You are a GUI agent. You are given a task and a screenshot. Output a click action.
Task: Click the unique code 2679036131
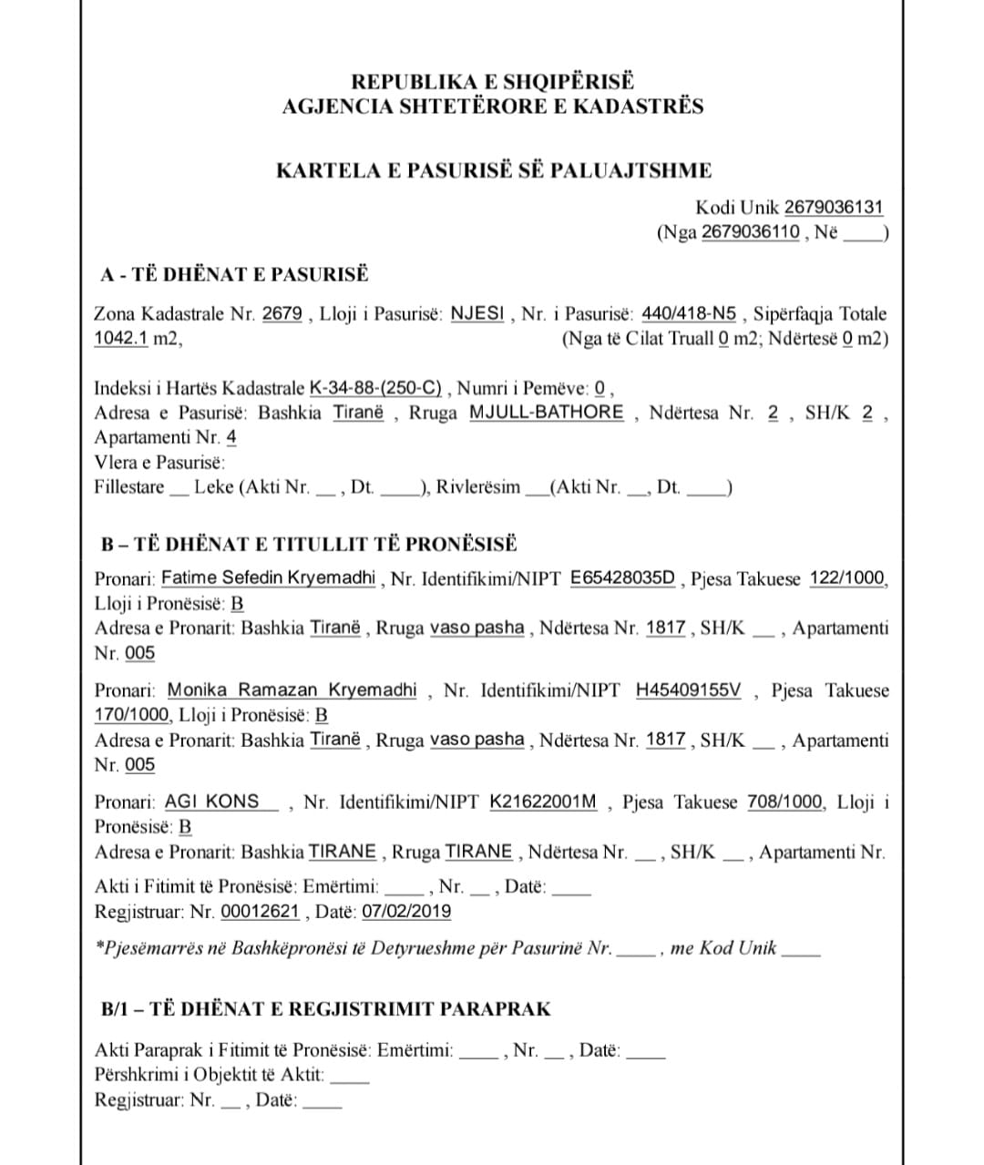click(x=834, y=208)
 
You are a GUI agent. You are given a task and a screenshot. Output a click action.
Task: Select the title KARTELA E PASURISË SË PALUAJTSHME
click(x=494, y=170)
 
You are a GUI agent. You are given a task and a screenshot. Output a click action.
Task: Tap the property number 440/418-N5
click(x=689, y=314)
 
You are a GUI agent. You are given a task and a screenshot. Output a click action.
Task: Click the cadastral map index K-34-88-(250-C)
click(x=376, y=388)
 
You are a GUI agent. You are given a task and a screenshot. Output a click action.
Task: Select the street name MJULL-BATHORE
click(x=547, y=413)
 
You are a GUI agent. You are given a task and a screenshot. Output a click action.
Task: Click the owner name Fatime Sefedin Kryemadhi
click(x=269, y=577)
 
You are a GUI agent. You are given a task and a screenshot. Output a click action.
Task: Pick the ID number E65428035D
click(x=623, y=578)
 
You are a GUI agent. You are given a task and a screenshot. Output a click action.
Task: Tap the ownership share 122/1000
click(x=846, y=578)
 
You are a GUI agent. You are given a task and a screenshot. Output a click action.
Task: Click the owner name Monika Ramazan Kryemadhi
click(x=292, y=690)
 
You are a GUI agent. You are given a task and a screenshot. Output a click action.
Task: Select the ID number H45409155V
click(x=689, y=690)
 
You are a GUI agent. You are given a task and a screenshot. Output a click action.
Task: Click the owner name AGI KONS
click(x=212, y=802)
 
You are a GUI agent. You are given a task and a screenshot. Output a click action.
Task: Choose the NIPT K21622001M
click(x=544, y=802)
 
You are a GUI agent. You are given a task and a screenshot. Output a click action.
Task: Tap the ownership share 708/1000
click(x=785, y=802)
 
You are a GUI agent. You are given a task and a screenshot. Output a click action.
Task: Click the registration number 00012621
click(x=261, y=911)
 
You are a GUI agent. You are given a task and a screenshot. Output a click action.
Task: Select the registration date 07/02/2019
click(x=406, y=911)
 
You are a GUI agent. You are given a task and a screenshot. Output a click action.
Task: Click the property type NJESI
click(x=477, y=314)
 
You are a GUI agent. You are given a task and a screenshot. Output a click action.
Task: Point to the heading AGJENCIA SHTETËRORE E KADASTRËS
click(x=493, y=107)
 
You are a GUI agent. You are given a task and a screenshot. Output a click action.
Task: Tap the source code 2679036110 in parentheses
click(x=752, y=231)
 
